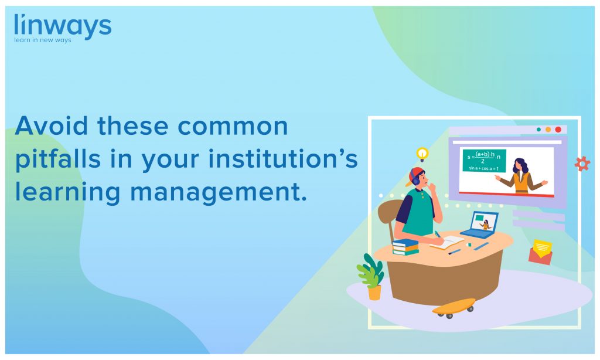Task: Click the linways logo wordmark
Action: click(x=63, y=26)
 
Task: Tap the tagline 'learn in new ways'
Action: click(x=42, y=40)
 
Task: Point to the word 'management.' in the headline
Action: click(x=219, y=192)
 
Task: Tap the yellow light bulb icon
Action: click(x=422, y=154)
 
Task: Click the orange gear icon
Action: click(x=582, y=164)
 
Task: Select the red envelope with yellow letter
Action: click(x=541, y=252)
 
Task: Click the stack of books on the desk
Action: click(x=405, y=247)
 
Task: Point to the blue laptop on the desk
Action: click(x=480, y=225)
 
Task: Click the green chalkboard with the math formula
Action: click(x=484, y=161)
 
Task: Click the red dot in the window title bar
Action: click(x=558, y=130)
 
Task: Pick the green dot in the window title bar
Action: click(x=539, y=130)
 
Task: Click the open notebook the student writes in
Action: click(x=447, y=242)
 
